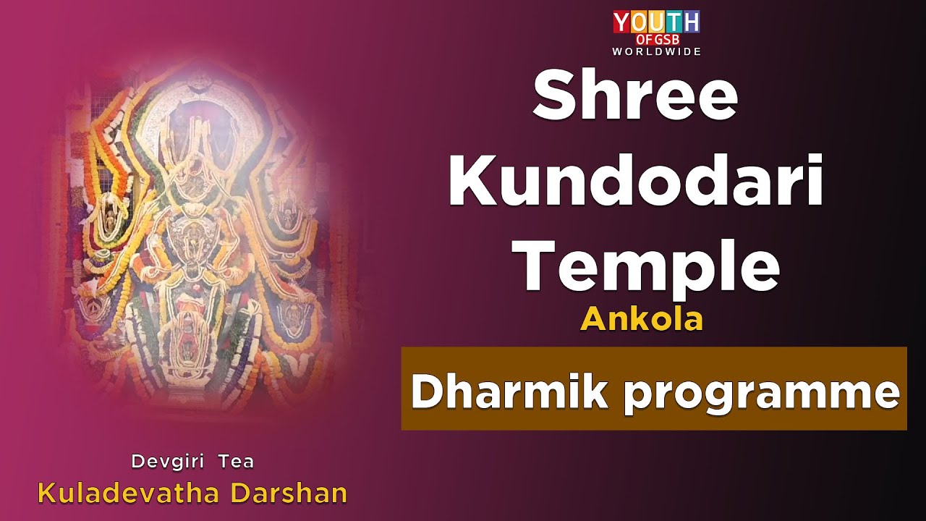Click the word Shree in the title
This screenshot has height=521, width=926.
(634, 97)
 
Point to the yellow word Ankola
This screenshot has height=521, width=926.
(641, 319)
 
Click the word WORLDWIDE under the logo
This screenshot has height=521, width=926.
(656, 51)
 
